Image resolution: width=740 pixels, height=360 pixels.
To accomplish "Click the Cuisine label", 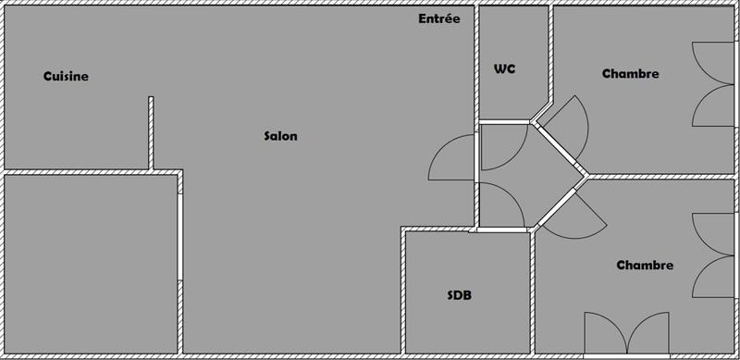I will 66,77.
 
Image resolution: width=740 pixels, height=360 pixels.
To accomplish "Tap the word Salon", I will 280,136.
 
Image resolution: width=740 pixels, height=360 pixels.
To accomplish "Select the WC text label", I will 504,68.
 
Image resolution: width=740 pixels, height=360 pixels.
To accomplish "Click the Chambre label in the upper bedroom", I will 630,74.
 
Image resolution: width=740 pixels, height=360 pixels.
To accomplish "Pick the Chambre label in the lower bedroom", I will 645,266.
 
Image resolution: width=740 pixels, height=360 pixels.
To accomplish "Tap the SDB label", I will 460,296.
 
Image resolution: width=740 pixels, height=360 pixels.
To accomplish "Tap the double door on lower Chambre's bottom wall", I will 626,332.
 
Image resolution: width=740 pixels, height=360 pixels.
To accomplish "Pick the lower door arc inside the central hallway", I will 500,203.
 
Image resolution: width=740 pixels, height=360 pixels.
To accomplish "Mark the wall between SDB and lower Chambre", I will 534,292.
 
